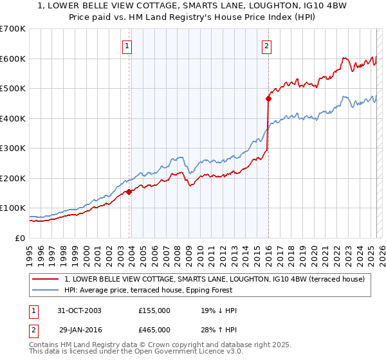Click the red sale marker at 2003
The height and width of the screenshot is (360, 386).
tap(129, 191)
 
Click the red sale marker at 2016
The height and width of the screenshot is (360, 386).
tap(268, 98)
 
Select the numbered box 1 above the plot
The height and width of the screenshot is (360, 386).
tap(127, 46)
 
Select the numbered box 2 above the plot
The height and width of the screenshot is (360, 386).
tap(266, 46)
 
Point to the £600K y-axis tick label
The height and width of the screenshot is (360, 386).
tap(13, 59)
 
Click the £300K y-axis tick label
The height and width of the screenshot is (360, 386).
tap(13, 148)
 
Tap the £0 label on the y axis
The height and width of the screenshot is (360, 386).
tap(21, 238)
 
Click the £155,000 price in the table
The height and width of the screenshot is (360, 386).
tap(154, 310)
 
